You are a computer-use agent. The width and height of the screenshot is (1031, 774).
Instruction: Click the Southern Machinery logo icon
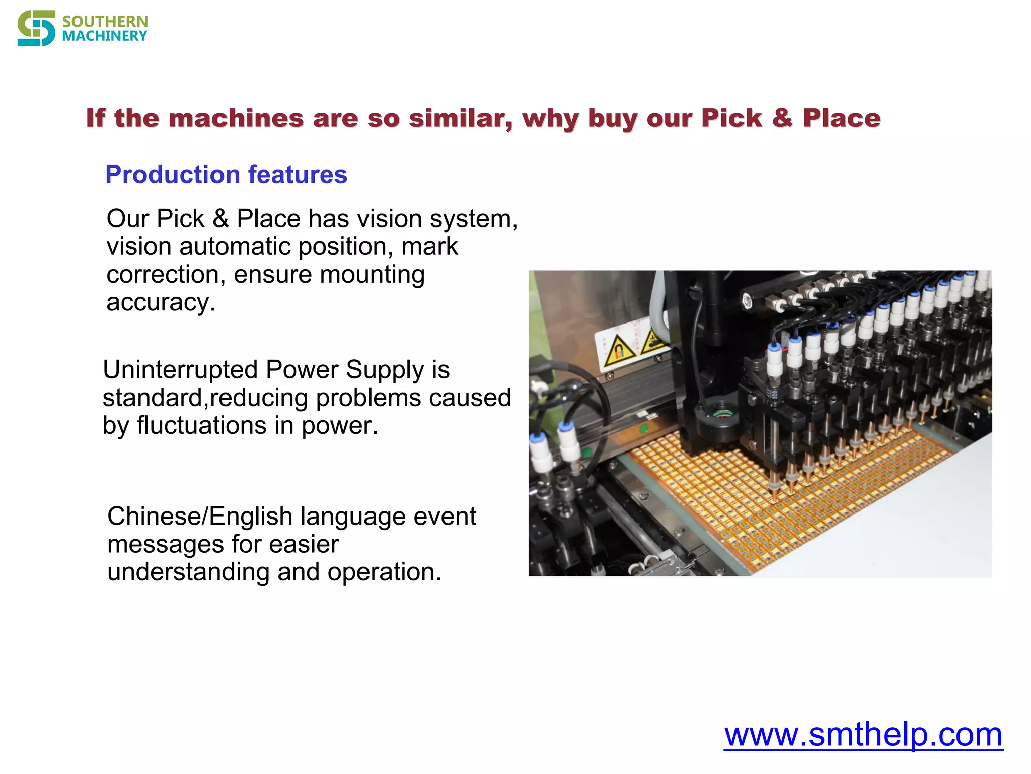click(36, 29)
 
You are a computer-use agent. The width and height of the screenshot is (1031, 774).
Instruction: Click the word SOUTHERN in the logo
click(105, 22)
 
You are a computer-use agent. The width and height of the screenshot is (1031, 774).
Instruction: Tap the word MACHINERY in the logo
click(105, 36)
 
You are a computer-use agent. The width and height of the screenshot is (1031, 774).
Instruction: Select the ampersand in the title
click(782, 119)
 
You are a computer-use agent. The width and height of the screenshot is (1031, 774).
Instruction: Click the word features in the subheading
click(298, 175)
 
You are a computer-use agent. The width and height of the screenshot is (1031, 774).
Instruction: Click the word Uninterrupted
click(180, 370)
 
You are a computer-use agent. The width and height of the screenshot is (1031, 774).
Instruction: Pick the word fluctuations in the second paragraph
click(201, 426)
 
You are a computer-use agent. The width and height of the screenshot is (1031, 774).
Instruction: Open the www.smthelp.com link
click(863, 735)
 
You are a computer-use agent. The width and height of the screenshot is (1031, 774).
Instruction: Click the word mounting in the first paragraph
click(372, 275)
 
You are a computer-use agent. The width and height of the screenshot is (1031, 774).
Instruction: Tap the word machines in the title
click(236, 119)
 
